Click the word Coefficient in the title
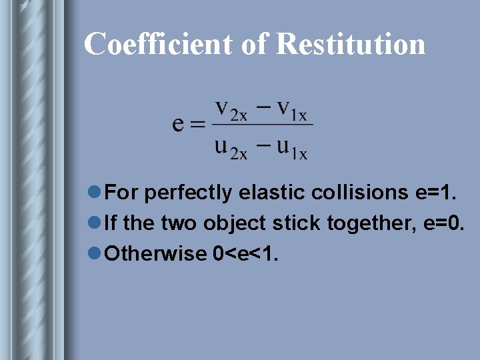tap(156, 44)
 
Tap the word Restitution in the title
tap(350, 44)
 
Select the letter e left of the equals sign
tap(179, 124)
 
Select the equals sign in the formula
tap(197, 125)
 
